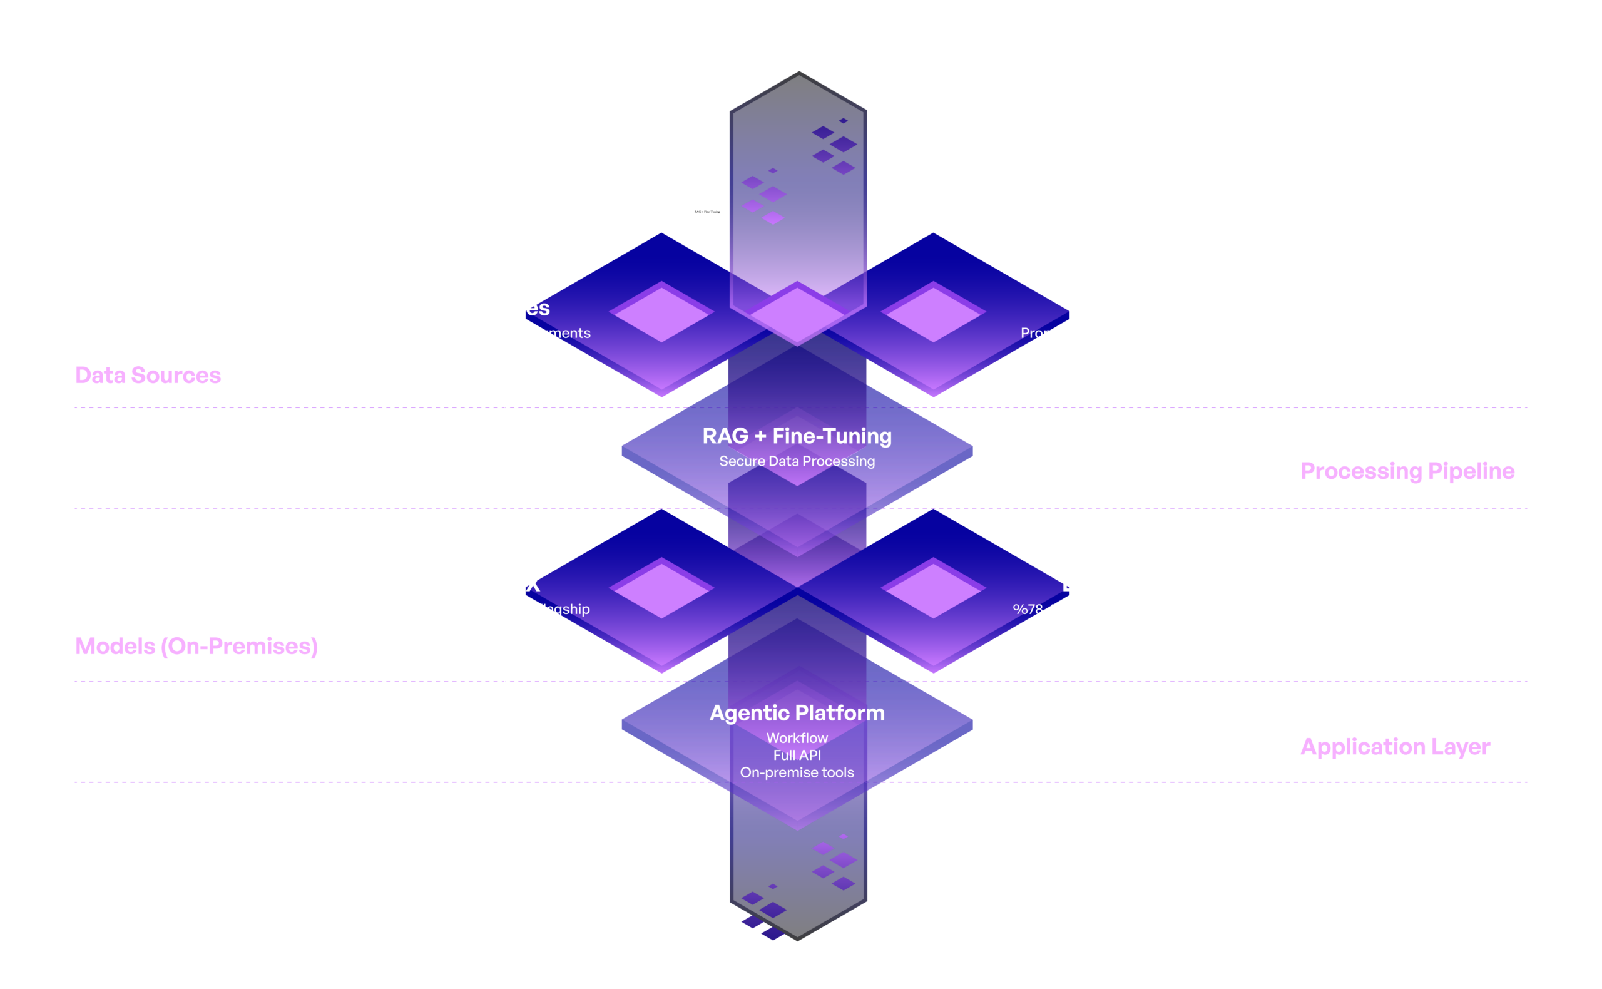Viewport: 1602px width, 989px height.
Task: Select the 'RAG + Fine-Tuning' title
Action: click(x=797, y=436)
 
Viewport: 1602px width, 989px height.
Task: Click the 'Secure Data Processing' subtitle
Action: click(x=797, y=461)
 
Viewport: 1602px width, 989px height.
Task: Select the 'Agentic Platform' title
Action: click(x=797, y=712)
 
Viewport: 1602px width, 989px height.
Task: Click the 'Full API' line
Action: click(x=797, y=755)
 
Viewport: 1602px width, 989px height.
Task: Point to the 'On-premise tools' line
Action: click(x=797, y=772)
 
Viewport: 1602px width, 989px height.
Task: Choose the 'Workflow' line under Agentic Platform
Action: click(x=797, y=738)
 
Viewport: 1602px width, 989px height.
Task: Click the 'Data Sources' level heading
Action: click(x=148, y=376)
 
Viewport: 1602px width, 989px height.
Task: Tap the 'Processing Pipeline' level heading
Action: click(x=1407, y=471)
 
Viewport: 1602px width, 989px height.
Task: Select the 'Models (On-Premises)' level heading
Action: click(x=196, y=646)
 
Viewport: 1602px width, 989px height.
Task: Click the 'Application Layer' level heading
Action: click(x=1395, y=746)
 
